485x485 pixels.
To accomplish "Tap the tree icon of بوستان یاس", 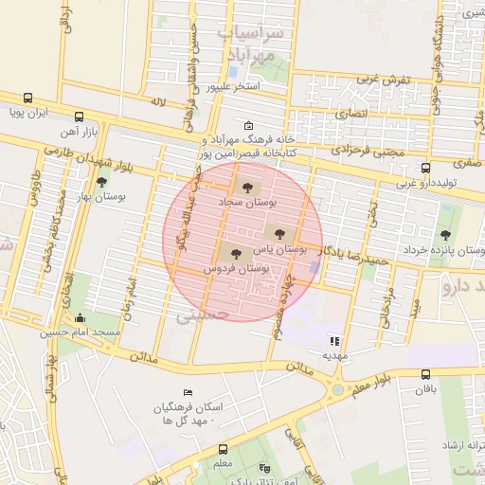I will (278, 232).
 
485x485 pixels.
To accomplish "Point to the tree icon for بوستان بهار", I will (101, 182).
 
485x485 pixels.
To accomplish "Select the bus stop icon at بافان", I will (425, 374).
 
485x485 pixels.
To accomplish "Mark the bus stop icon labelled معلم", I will (224, 449).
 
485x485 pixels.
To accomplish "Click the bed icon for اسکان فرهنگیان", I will (189, 392).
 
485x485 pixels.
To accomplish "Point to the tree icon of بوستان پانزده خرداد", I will (445, 235).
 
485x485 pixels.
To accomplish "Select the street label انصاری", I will (352, 113).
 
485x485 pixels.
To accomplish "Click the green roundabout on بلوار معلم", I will (338, 389).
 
